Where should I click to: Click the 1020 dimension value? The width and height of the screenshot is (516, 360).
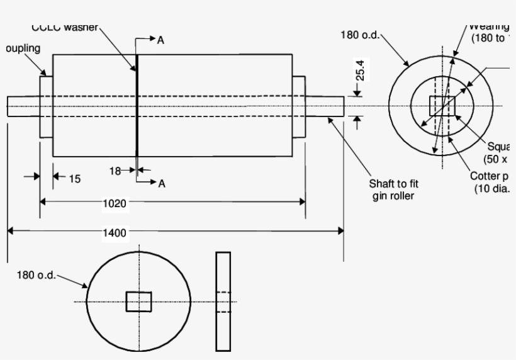[115, 203]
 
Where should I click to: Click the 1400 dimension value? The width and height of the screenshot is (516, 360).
[115, 232]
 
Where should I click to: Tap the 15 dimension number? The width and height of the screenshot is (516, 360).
[74, 179]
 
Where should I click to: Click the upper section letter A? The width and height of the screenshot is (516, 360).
[161, 40]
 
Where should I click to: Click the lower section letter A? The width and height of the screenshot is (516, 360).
[162, 183]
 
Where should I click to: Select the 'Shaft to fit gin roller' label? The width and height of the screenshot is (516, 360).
[393, 189]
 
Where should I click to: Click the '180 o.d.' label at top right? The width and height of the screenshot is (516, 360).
[360, 35]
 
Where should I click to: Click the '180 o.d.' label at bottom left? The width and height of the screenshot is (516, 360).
[36, 276]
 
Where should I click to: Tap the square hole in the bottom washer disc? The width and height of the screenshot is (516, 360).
[138, 301]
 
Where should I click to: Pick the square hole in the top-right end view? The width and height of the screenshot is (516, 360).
[441, 106]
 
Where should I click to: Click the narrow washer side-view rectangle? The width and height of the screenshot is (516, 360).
[223, 301]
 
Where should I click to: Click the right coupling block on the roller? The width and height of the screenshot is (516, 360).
[298, 106]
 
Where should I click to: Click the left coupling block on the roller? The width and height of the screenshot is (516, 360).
[46, 106]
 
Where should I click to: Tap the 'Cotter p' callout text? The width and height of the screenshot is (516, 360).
[492, 176]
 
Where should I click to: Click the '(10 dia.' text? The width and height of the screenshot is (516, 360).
[494, 189]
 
